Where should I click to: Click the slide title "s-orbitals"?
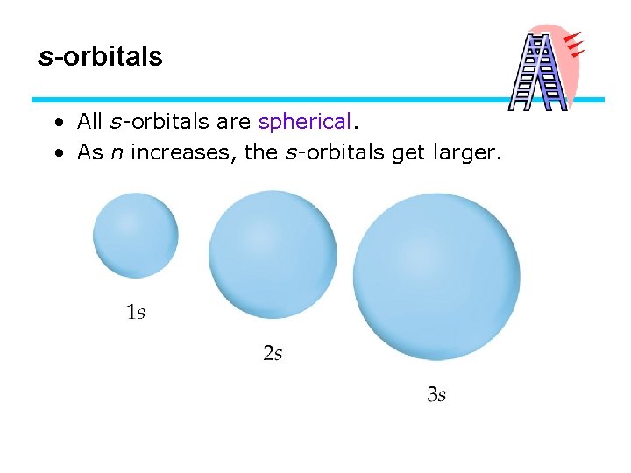[101, 58]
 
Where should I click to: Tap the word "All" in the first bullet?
[90, 121]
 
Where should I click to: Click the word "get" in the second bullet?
[408, 153]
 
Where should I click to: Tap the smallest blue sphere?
[136, 236]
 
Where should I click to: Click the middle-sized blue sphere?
[273, 255]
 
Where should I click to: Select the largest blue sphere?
[436, 277]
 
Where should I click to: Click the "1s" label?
[136, 312]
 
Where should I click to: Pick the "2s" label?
[273, 354]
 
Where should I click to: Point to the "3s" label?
[436, 395]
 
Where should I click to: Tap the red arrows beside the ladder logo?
[574, 45]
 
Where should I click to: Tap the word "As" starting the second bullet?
[90, 152]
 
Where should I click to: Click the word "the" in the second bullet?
[260, 152]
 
